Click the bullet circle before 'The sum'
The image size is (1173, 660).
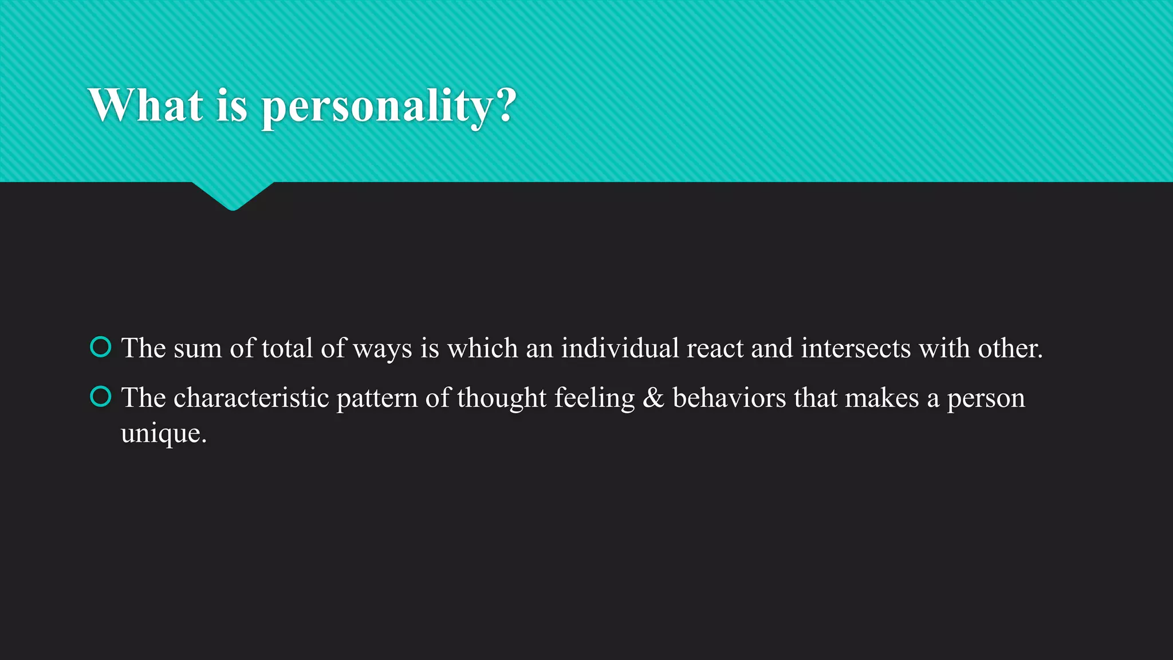(x=101, y=347)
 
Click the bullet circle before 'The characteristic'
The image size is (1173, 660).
(x=101, y=396)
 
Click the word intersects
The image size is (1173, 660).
(x=856, y=348)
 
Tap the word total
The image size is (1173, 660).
(x=287, y=348)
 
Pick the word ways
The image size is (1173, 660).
(x=382, y=349)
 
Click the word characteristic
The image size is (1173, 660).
(x=251, y=398)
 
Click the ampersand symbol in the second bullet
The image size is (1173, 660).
(x=654, y=398)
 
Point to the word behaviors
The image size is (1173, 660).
(x=729, y=398)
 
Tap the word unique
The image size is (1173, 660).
(x=163, y=434)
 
